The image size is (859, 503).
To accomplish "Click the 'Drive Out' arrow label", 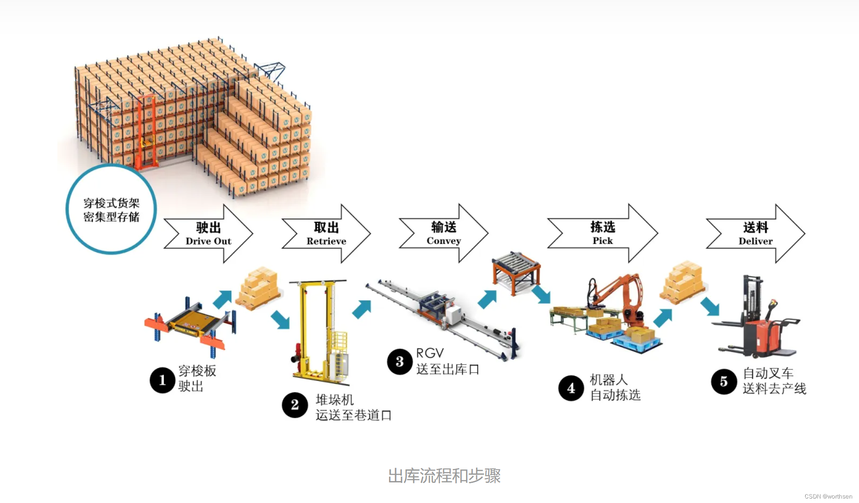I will (x=208, y=241).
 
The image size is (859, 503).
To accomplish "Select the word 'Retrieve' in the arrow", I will (x=326, y=241).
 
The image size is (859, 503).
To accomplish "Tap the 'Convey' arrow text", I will (x=444, y=241).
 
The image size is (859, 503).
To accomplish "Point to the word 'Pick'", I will (x=602, y=241).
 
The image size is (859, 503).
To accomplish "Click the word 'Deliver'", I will (x=755, y=241).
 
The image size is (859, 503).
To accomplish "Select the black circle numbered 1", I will (x=162, y=380).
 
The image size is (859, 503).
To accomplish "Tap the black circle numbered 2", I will (x=295, y=405).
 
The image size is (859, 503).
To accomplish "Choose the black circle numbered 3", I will (x=400, y=362).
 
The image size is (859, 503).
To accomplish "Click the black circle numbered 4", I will (x=571, y=388).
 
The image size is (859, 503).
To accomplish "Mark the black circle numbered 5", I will (x=724, y=382).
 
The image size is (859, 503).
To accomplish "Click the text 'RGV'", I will (x=430, y=353).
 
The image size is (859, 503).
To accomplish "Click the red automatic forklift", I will (x=758, y=323).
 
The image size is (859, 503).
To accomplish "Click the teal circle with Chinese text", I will (x=111, y=209).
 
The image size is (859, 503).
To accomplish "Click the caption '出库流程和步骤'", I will (x=444, y=476).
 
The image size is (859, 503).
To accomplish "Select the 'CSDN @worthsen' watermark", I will (x=828, y=496).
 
